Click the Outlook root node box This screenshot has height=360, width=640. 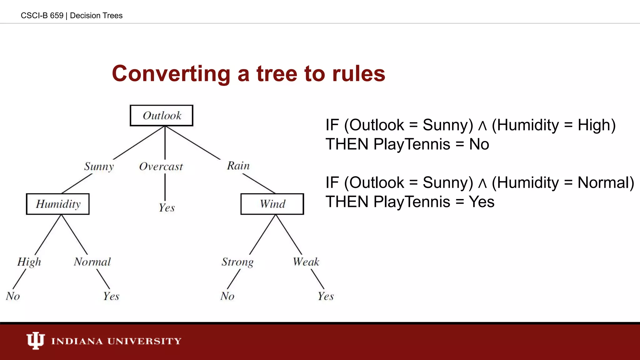click(x=162, y=116)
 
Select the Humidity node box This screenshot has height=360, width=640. click(x=58, y=204)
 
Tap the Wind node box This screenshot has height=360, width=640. click(x=272, y=204)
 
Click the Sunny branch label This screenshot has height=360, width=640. click(x=99, y=166)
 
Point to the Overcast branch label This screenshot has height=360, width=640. click(x=161, y=167)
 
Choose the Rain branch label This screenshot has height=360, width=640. click(x=238, y=166)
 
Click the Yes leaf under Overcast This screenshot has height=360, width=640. click(x=167, y=208)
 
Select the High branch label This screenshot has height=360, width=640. click(x=29, y=262)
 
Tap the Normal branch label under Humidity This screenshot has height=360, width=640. click(x=92, y=262)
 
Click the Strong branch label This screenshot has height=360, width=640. click(x=237, y=262)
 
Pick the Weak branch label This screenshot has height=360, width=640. click(x=306, y=262)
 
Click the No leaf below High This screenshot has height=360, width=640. click(x=13, y=296)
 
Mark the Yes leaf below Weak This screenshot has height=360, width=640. click(x=326, y=296)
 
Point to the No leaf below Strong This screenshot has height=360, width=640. click(x=227, y=296)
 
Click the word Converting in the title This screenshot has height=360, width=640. click(x=171, y=74)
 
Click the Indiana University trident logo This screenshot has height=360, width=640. click(x=35, y=340)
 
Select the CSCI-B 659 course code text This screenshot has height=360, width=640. click(x=42, y=16)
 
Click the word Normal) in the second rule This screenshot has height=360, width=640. click(x=606, y=182)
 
